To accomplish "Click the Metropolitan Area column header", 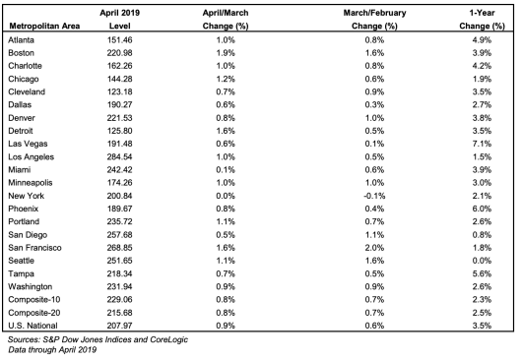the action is click(x=44, y=26).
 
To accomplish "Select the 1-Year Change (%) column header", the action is click(x=482, y=20).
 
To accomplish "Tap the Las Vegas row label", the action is click(x=28, y=144).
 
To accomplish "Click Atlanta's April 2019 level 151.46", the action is click(x=119, y=40).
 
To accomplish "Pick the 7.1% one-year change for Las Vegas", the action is click(x=482, y=144).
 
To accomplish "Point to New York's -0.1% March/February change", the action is click(x=374, y=196).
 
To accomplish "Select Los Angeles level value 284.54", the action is click(x=119, y=157).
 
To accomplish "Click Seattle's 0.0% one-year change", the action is click(x=482, y=261).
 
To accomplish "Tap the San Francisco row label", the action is click(x=34, y=248).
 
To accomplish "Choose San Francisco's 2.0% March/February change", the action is click(x=374, y=248).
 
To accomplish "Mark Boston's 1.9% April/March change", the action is click(x=226, y=53).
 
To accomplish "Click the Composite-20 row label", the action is click(x=34, y=313).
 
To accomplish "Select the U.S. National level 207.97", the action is click(x=119, y=326).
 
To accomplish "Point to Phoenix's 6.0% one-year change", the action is click(x=482, y=209).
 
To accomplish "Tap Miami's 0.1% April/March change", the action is click(x=226, y=170).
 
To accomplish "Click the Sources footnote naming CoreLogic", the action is click(x=98, y=339).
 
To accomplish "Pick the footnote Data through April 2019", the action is click(x=52, y=350).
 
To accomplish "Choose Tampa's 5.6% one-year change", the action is click(x=482, y=273).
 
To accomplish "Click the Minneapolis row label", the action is click(x=31, y=183).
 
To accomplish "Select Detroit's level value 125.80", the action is click(x=119, y=131).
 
